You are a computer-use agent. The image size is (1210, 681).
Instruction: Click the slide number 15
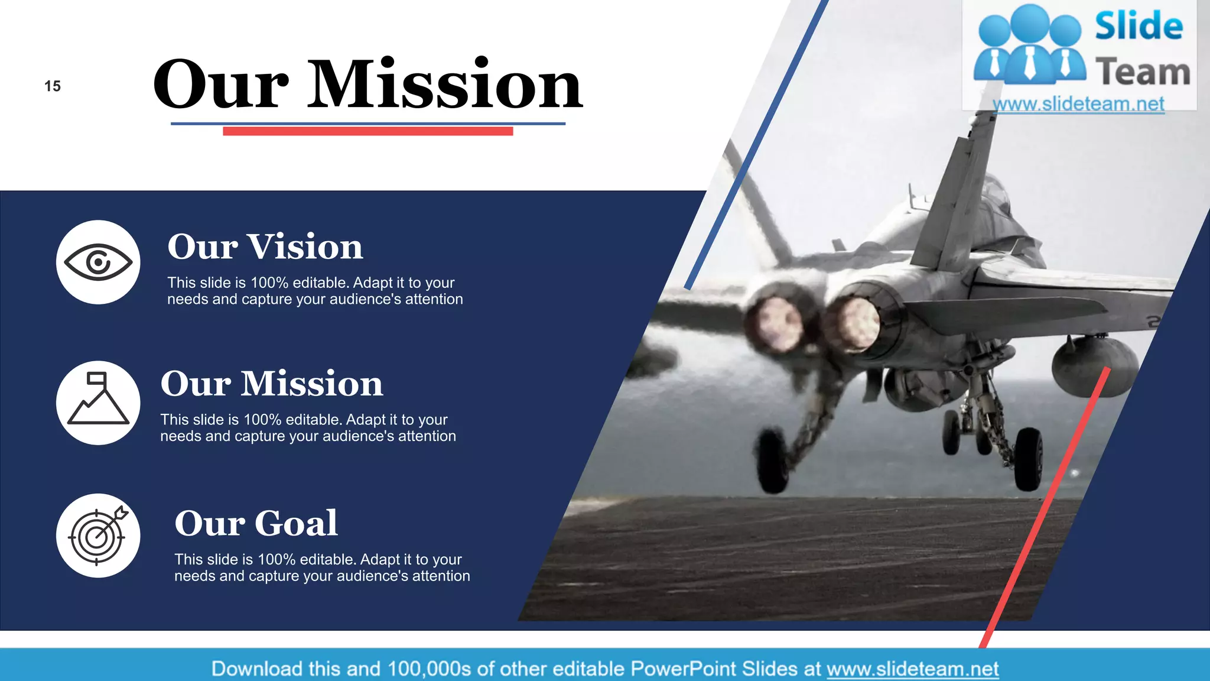[x=53, y=86]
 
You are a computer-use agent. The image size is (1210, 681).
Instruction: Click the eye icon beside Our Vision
[x=98, y=262]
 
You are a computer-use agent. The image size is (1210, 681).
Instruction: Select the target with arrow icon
[x=98, y=535]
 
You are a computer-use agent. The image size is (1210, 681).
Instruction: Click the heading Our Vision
[x=265, y=247]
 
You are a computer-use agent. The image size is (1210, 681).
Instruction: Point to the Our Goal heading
[x=256, y=523]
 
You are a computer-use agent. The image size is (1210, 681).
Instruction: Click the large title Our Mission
[x=367, y=84]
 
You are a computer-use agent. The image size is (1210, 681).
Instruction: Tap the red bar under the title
[x=367, y=131]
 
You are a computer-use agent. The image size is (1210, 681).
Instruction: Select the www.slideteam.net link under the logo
[x=1078, y=104]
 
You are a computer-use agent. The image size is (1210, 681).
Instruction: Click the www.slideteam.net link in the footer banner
[x=912, y=669]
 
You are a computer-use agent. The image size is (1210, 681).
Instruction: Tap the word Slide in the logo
[x=1139, y=27]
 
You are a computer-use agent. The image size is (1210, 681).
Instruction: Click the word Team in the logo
[x=1142, y=72]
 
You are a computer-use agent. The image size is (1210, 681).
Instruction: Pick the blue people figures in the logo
[x=1029, y=44]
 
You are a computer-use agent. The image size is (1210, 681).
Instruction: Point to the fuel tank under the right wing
[x=1094, y=365]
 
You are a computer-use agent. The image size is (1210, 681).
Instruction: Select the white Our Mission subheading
[x=272, y=384]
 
